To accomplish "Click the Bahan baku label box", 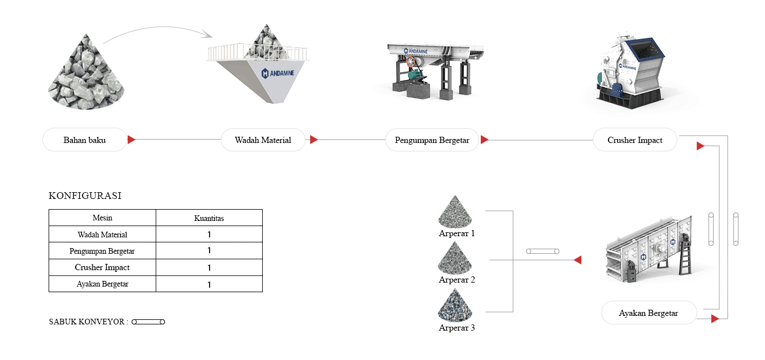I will pos(85,140).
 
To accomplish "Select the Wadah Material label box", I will pos(263,140).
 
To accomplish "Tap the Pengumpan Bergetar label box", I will pos(432,140).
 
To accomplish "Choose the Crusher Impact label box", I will pos(634,140).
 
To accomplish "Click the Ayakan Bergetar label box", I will pos(648,313).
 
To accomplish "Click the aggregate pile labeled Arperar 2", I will pos(457,259).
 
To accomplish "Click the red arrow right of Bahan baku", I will pos(131,140).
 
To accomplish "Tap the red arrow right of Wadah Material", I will pos(314,140).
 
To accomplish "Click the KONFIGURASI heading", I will pos(85,196).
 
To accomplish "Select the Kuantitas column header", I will pos(208,218).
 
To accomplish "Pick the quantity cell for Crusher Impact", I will pos(208,268).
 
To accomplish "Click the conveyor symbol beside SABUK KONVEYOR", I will pos(148,322).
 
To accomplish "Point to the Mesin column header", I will pos(102,218).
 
